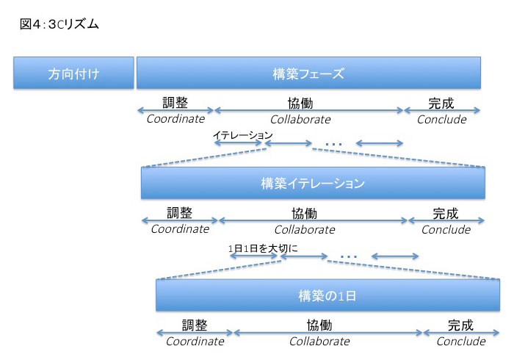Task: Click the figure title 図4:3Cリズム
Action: coord(59,24)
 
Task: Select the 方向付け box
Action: coord(73,73)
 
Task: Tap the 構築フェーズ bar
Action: coord(308,73)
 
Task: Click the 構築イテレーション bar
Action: coord(313,183)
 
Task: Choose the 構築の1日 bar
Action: coord(327,295)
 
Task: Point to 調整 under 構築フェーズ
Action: coord(175,102)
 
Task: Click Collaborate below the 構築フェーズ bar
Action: coord(300,119)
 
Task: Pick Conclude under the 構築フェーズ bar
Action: coord(441,119)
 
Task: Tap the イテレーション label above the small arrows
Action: coord(242,134)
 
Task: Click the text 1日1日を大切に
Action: coord(263,248)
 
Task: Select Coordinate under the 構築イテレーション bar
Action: coord(180,228)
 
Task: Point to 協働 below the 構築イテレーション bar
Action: coord(305,213)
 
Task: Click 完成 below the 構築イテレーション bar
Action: coord(446,213)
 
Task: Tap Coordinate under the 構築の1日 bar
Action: coord(195,342)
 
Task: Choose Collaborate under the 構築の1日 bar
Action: coord(319,342)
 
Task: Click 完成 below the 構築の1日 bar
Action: coord(460,325)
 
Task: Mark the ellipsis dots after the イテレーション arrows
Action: coord(333,144)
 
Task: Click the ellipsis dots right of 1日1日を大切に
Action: coord(349,256)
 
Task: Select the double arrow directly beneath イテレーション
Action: coord(239,143)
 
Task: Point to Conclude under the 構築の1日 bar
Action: coord(461,342)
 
